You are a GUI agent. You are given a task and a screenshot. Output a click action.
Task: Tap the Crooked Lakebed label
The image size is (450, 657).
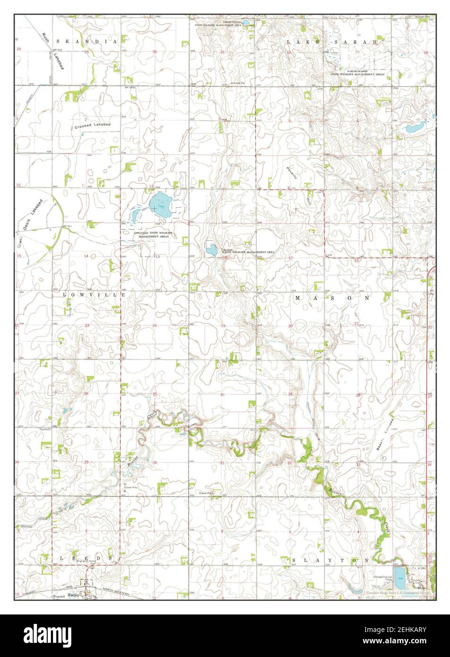[93, 128]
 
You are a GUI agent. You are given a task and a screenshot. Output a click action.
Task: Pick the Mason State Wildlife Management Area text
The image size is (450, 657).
[248, 252]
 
